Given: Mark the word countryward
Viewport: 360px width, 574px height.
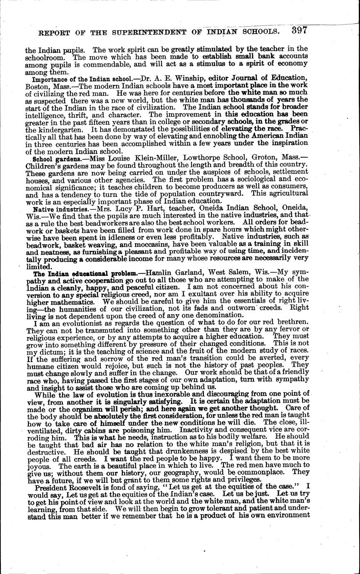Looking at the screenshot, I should [x=231, y=193].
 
